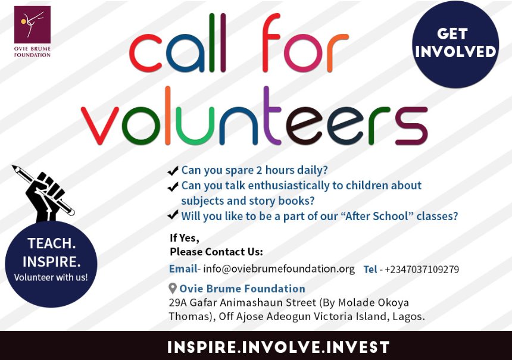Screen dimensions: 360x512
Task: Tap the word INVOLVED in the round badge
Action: (x=455, y=52)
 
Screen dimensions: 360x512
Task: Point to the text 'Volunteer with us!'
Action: (x=51, y=277)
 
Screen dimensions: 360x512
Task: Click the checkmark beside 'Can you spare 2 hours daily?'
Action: (x=173, y=171)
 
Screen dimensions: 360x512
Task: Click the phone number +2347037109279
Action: (x=422, y=270)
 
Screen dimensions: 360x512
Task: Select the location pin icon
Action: (x=173, y=289)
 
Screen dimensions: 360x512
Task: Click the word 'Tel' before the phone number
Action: (x=370, y=270)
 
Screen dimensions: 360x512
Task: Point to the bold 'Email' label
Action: (x=182, y=269)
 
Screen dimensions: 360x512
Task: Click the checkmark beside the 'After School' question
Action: (x=173, y=215)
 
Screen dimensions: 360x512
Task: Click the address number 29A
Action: (x=179, y=302)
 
